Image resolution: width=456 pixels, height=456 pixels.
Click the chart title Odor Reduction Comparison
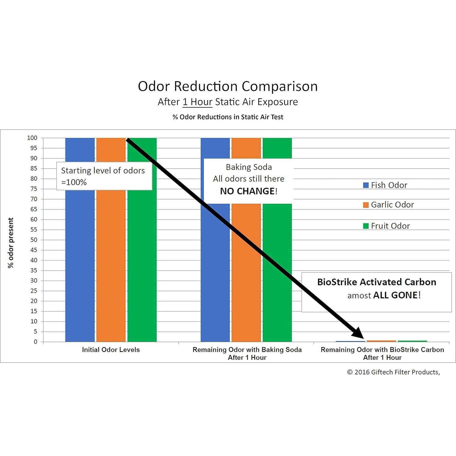click(x=228, y=86)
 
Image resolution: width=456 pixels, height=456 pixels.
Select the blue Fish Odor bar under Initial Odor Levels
click(x=80, y=259)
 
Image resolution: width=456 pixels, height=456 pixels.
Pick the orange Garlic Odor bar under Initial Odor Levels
click(x=111, y=259)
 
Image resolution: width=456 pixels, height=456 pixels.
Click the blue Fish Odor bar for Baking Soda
click(x=215, y=274)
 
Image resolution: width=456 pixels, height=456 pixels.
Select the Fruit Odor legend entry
click(x=387, y=226)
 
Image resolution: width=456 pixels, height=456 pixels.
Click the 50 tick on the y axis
click(x=34, y=240)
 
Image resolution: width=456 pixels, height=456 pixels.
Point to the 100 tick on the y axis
click(x=32, y=138)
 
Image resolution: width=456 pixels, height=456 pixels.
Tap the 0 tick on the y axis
click(x=36, y=342)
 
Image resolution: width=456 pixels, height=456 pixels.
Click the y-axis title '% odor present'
click(x=11, y=243)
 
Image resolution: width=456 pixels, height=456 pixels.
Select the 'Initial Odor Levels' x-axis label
click(x=111, y=349)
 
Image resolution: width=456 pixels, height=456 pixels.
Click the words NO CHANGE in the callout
click(x=247, y=191)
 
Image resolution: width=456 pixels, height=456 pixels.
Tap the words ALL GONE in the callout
click(x=395, y=295)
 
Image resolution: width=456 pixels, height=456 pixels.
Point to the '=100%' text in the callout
click(x=74, y=182)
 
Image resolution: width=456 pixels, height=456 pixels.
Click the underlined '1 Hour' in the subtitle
click(x=197, y=102)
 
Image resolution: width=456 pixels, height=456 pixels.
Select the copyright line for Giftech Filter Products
click(x=393, y=372)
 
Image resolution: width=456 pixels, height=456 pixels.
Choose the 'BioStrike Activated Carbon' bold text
click(x=377, y=282)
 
